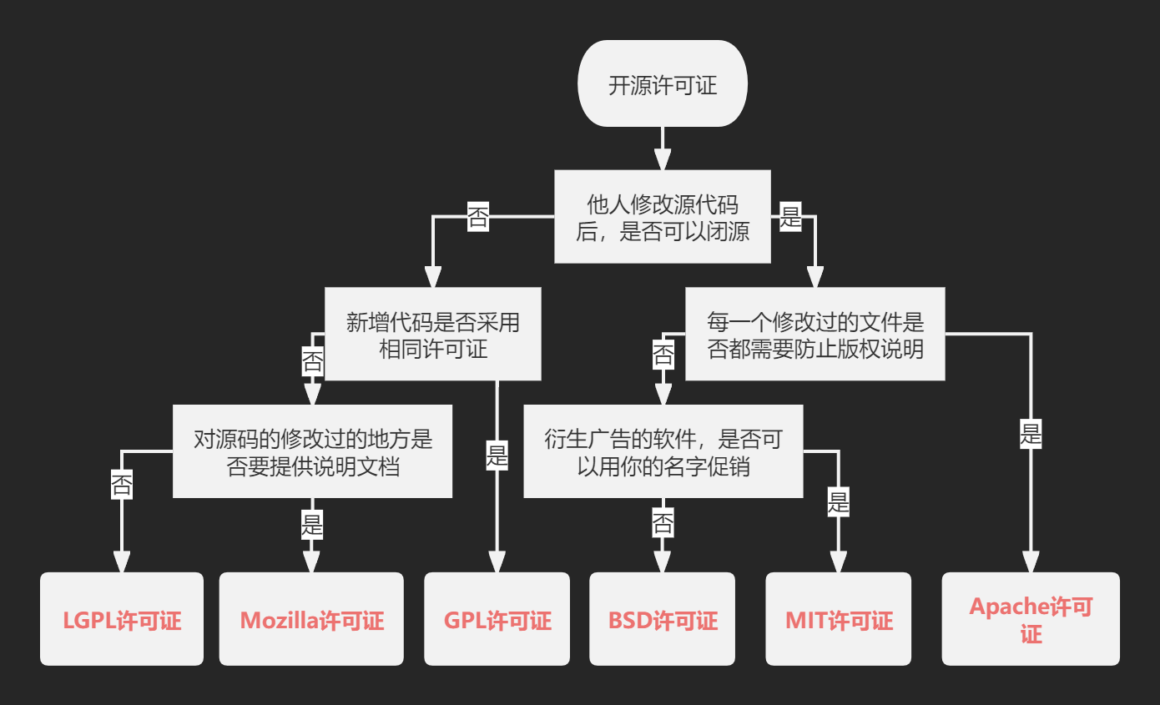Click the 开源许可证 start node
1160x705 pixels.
point(663,84)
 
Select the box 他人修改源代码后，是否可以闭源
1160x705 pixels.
point(663,216)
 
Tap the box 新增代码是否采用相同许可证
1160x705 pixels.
point(432,334)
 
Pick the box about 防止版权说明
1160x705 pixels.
point(815,334)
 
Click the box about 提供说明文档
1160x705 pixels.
point(312,451)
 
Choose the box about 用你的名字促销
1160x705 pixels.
point(663,451)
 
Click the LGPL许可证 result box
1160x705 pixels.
point(122,619)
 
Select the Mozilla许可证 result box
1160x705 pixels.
point(311,619)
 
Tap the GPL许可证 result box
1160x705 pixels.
point(497,619)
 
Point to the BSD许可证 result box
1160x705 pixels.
point(663,619)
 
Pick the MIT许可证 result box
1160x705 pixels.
point(838,619)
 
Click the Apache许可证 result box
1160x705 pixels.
point(1031,619)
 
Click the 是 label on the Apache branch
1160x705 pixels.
point(1031,434)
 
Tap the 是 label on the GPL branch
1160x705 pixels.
point(497,456)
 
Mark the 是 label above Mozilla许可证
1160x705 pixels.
point(312,525)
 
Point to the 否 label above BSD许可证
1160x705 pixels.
point(663,524)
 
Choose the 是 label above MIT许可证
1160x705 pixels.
point(838,503)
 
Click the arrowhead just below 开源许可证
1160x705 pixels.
point(663,159)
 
